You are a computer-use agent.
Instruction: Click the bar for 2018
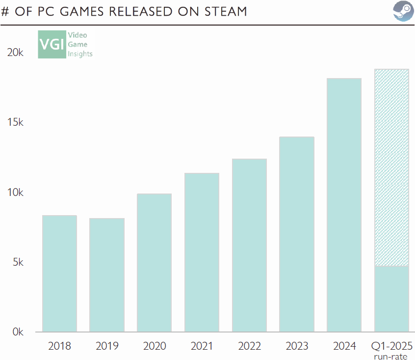pyautogui.click(x=59, y=274)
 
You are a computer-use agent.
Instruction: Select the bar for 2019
pyautogui.click(x=106, y=275)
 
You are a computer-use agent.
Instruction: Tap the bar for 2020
pyautogui.click(x=154, y=263)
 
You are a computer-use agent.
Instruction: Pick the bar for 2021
pyautogui.click(x=202, y=252)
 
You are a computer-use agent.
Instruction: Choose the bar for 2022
pyautogui.click(x=249, y=246)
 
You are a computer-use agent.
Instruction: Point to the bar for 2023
pyautogui.click(x=297, y=234)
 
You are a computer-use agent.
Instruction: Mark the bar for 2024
pyautogui.click(x=344, y=205)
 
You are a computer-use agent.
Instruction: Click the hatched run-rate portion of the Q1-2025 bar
pyautogui.click(x=391, y=167)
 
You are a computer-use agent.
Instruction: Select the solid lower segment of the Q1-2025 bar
pyautogui.click(x=391, y=299)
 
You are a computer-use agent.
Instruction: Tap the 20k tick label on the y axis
pyautogui.click(x=15, y=53)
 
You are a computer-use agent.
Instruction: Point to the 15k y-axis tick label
pyautogui.click(x=15, y=122)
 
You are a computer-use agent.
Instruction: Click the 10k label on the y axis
pyautogui.click(x=15, y=193)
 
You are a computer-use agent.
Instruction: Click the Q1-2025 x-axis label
pyautogui.click(x=391, y=346)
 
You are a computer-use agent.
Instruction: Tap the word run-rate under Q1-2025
pyautogui.click(x=391, y=356)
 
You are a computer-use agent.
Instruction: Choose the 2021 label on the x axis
pyautogui.click(x=202, y=346)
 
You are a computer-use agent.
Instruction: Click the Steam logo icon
pyautogui.click(x=403, y=11)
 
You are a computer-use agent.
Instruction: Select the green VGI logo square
pyautogui.click(x=52, y=44)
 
